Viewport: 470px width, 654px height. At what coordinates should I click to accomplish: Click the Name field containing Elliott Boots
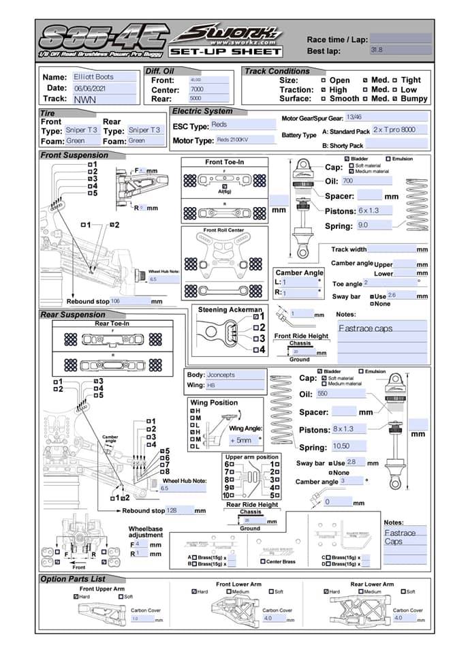105,78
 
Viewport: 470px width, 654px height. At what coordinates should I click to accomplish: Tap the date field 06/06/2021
105,89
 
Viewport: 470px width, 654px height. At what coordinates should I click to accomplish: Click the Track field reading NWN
105,99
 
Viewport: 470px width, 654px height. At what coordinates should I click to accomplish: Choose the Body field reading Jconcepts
235,375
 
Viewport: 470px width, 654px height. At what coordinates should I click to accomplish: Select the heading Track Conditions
277,71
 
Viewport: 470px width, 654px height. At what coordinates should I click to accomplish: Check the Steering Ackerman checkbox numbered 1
255,316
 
